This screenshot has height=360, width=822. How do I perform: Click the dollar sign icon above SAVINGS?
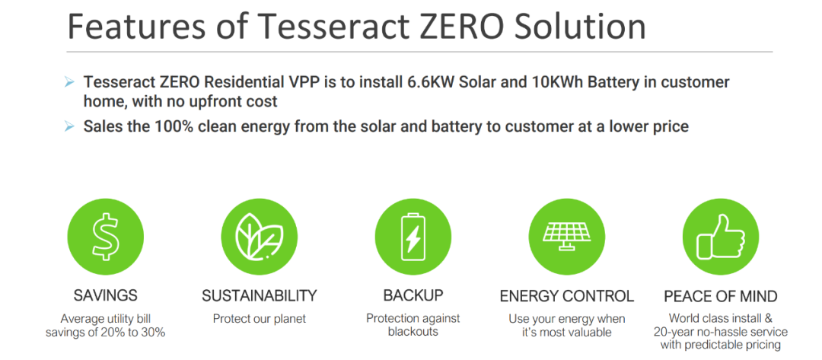point(105,237)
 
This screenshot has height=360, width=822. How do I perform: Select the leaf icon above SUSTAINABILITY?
point(259,237)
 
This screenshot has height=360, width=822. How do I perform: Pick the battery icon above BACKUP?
point(413,237)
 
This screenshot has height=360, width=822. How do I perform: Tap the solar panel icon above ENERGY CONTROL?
point(567,237)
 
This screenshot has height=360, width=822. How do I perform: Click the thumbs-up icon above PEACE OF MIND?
point(720,237)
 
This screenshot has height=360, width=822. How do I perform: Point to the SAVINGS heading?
point(105,295)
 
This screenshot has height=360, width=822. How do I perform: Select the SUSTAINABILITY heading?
point(260,295)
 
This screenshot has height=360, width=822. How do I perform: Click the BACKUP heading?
point(413,295)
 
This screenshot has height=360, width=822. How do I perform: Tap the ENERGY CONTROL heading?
point(567,296)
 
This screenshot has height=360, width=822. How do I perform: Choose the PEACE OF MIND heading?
point(721,296)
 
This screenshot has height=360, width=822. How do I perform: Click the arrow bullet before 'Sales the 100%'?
point(69,127)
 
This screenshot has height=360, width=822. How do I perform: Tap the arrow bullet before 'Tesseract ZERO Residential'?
point(69,83)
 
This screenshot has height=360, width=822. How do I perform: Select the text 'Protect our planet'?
point(259,319)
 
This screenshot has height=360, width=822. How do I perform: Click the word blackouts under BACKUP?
point(413,332)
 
